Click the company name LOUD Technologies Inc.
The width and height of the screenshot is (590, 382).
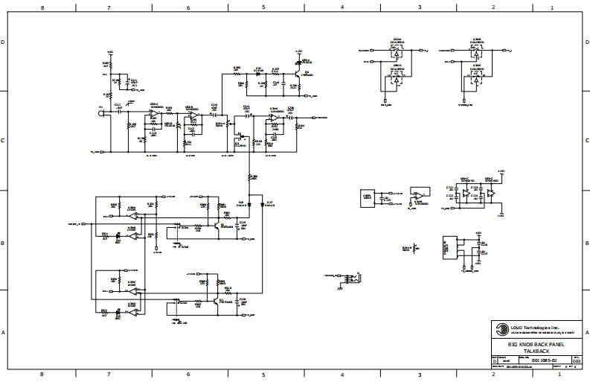click(x=533, y=327)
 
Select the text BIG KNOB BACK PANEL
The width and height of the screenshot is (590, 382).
click(x=536, y=344)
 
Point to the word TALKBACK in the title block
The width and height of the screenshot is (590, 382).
click(x=536, y=350)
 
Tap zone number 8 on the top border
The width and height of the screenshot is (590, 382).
click(x=42, y=7)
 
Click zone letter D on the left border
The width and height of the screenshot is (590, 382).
click(x=4, y=43)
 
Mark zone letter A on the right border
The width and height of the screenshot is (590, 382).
click(x=586, y=333)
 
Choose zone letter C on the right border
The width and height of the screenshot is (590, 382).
click(x=586, y=140)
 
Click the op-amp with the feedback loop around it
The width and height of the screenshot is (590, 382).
click(x=419, y=195)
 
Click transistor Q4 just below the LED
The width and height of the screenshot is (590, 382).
click(x=298, y=74)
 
